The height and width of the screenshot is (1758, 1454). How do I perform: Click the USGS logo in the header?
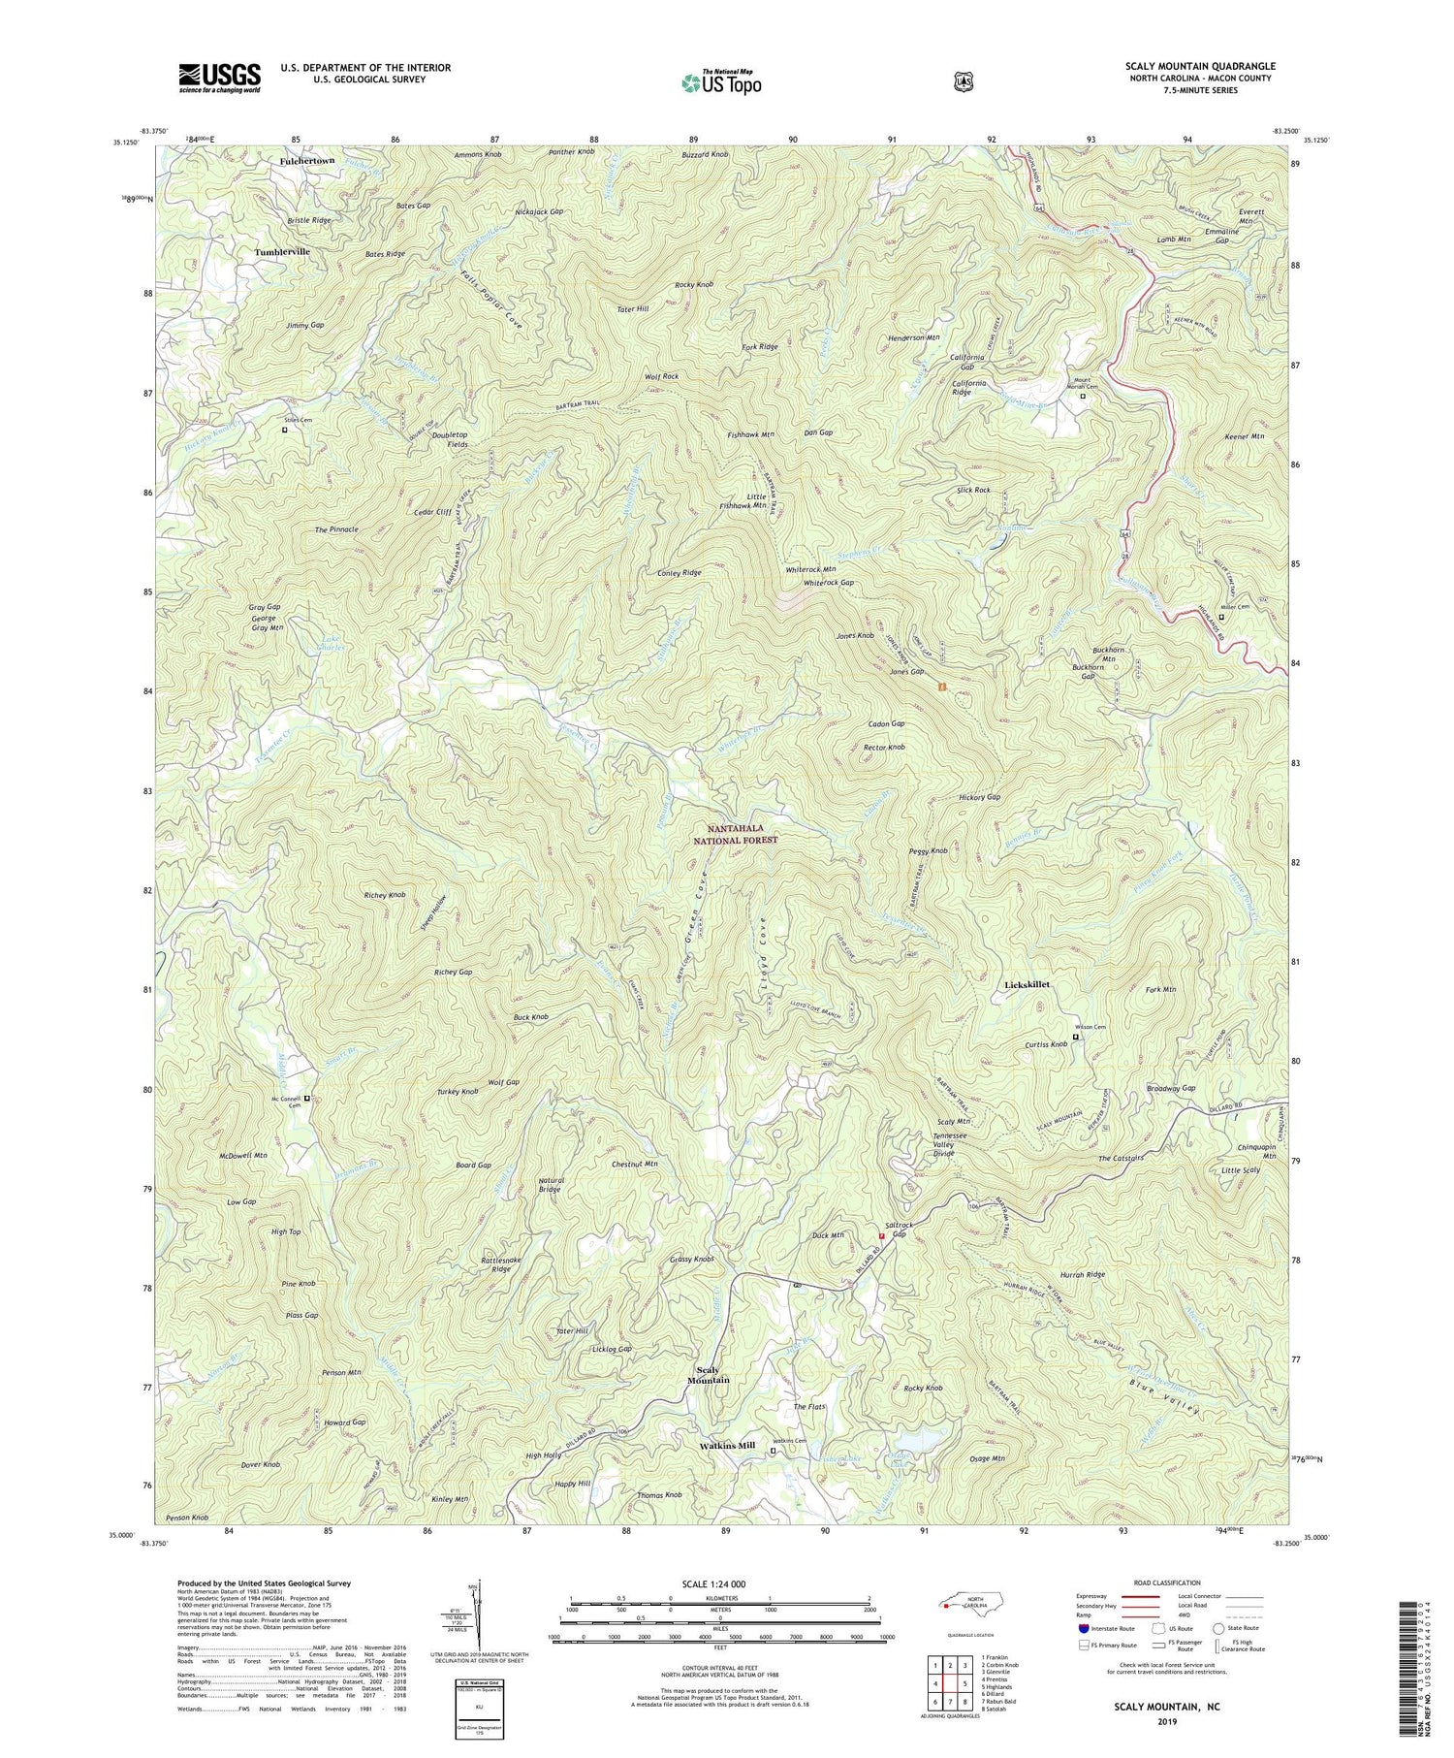point(219,78)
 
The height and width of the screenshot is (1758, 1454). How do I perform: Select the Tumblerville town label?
point(282,252)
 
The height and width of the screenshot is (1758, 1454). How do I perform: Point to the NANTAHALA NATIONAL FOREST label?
point(743,836)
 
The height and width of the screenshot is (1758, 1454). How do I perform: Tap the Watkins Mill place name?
point(727,1446)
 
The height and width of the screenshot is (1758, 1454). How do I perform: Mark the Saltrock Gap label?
point(899,1231)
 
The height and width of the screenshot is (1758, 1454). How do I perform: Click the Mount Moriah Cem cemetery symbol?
point(1083,396)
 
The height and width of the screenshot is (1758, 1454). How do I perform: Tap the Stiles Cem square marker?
point(285,430)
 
